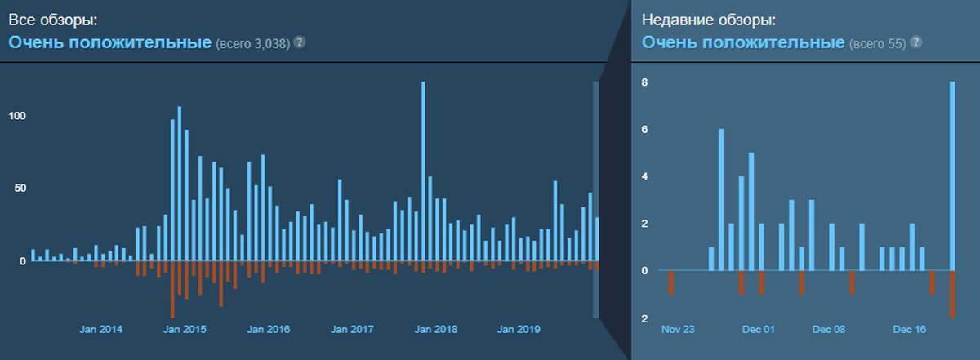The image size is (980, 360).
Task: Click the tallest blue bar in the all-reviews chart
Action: point(423,171)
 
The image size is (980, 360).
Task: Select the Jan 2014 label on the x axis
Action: point(101,330)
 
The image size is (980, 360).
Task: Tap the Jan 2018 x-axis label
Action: point(435,330)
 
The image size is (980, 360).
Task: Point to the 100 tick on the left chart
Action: point(17,116)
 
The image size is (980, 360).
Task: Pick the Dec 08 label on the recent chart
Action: point(828,330)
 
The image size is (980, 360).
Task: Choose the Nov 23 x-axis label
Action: point(678,330)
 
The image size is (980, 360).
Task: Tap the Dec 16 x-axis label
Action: point(909,330)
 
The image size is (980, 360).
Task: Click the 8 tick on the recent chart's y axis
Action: point(644,82)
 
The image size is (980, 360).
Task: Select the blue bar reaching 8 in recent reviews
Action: point(952,176)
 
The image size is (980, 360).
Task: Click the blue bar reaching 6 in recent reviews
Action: point(721,199)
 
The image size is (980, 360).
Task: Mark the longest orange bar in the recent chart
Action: point(952,294)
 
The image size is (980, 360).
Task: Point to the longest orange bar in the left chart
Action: point(172,290)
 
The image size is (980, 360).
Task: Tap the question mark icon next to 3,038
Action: point(300,41)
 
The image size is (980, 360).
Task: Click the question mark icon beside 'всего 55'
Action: point(916,42)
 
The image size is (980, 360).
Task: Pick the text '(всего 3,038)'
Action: point(252,42)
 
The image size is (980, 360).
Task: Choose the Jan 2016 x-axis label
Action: point(269,330)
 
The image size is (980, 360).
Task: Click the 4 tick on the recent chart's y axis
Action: point(644,176)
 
